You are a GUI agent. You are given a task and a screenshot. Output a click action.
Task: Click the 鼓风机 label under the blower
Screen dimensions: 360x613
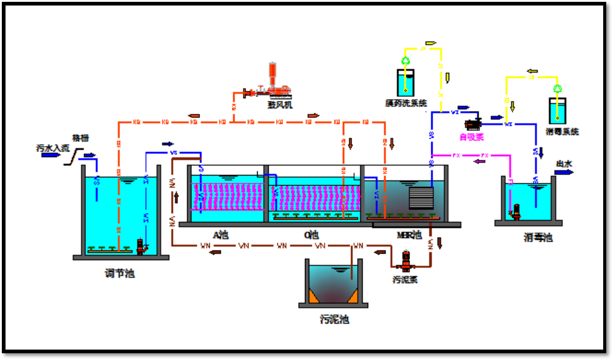[x=280, y=105]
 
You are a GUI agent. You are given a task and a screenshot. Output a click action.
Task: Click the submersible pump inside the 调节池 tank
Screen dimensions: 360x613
[x=141, y=247]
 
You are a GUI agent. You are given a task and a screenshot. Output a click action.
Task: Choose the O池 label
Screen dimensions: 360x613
[x=312, y=235]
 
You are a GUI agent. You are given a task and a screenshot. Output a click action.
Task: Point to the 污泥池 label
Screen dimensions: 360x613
[x=334, y=319]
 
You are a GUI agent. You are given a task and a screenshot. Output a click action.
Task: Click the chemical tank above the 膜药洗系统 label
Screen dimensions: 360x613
[x=406, y=82]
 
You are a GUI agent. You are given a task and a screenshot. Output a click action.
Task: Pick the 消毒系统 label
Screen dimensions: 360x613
[x=561, y=131]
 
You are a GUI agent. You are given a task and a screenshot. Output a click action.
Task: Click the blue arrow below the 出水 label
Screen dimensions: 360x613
[x=563, y=172]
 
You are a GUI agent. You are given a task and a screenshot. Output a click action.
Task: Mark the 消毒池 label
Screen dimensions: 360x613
[x=538, y=237]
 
